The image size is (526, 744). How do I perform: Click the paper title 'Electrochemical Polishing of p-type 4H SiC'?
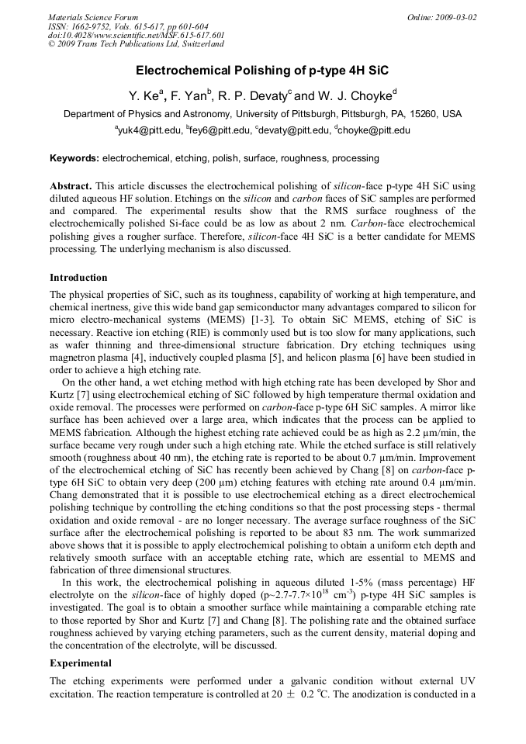262,71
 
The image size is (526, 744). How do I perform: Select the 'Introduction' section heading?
78,277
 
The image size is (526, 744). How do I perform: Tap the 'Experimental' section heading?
81,663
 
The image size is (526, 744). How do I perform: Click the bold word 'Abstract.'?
71,187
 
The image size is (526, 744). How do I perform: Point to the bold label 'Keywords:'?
74,158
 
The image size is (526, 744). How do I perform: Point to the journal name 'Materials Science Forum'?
93,17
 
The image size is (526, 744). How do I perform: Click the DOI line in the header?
137,36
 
